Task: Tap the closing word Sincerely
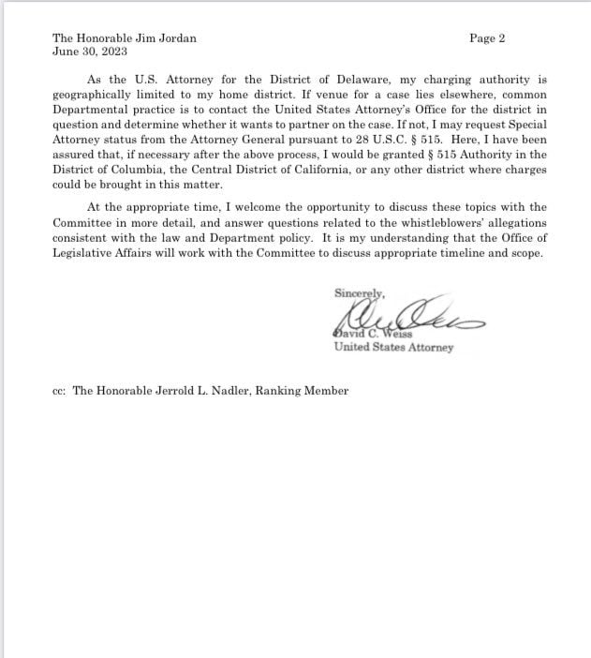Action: [360, 292]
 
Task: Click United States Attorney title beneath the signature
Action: [393, 348]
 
